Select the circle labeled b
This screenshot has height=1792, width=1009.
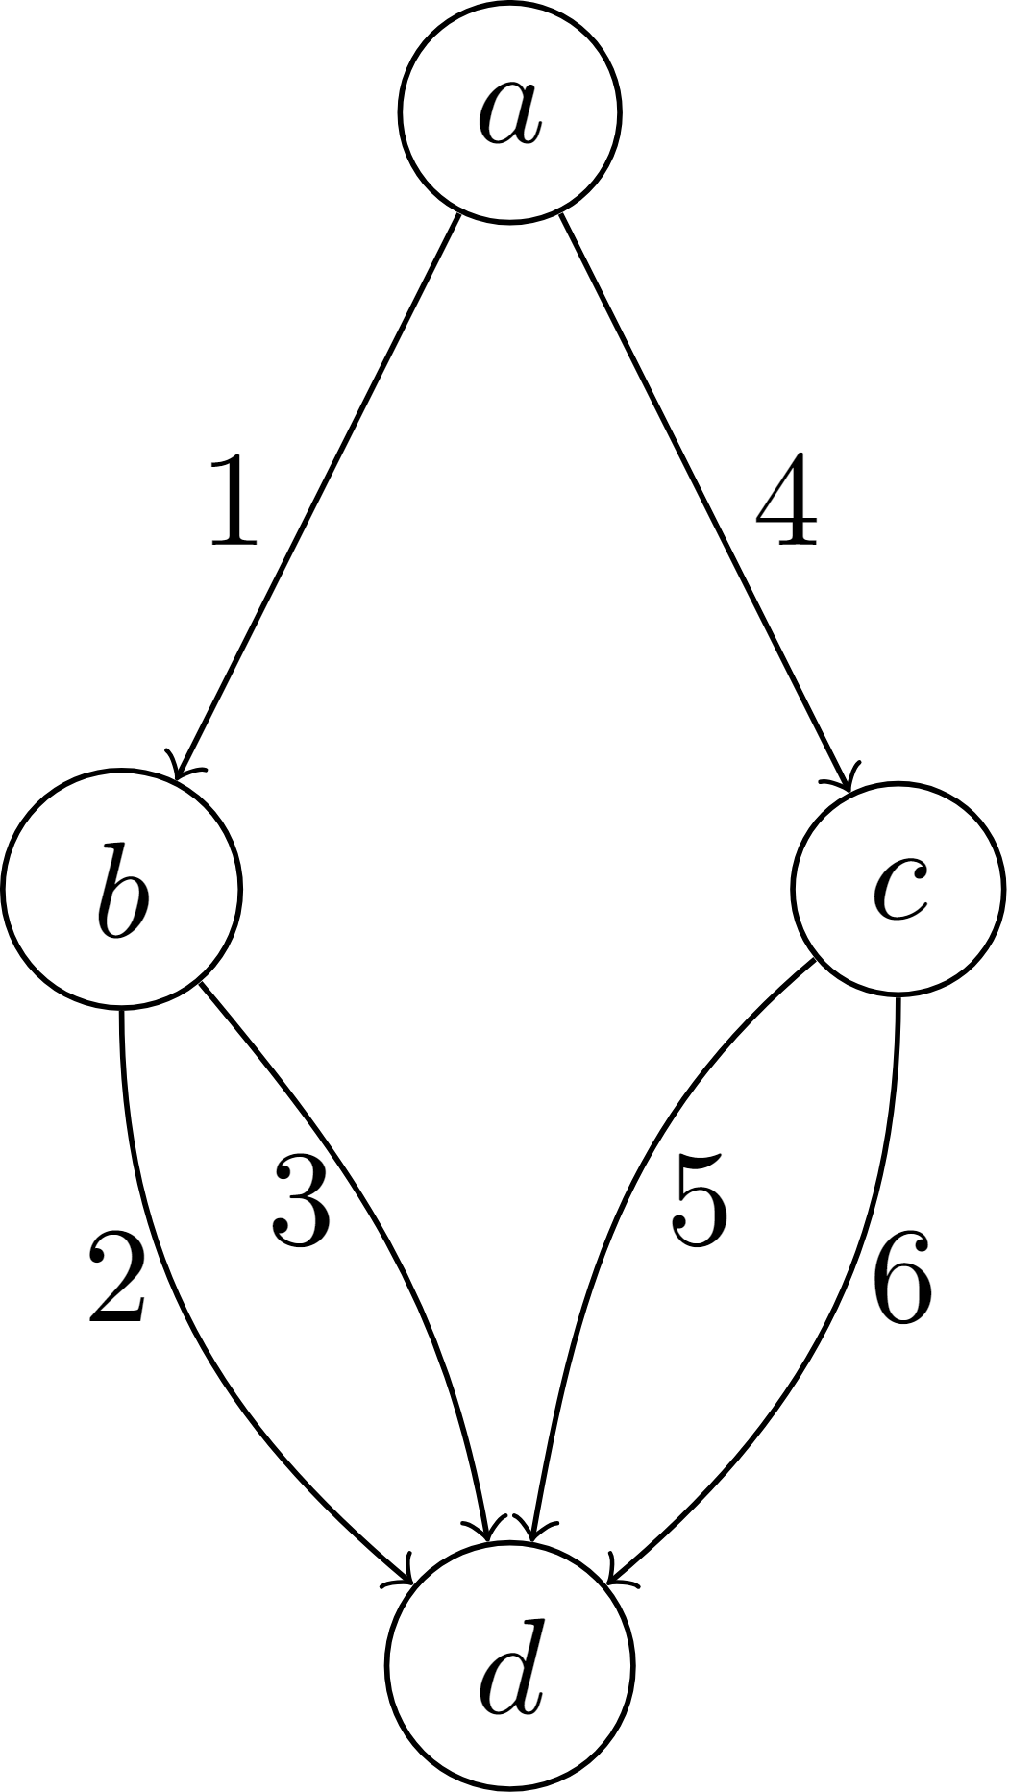(121, 890)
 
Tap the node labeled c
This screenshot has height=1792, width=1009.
(898, 890)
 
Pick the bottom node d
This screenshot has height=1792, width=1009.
(509, 1666)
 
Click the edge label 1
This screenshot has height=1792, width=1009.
(234, 501)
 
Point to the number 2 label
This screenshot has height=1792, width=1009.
(117, 1278)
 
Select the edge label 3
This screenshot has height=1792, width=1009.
(302, 1201)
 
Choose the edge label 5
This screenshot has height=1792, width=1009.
(700, 1201)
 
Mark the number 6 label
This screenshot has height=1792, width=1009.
(902, 1278)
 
